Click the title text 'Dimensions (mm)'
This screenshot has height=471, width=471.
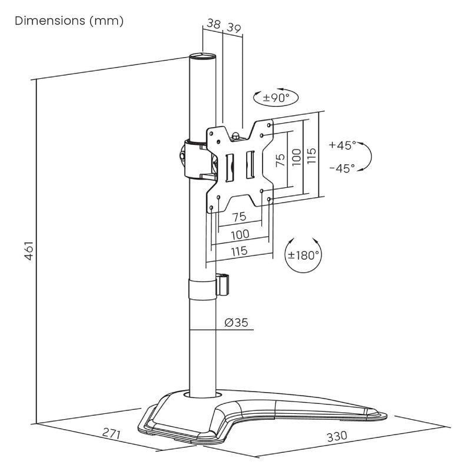tap(69, 21)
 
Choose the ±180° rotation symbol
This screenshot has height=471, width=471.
tap(303, 255)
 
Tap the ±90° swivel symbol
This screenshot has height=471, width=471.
tap(276, 98)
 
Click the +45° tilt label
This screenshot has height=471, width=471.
tap(343, 144)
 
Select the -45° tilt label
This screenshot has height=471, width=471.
tap(343, 168)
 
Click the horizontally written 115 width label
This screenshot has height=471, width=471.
tap(239, 251)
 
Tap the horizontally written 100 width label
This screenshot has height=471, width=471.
tap(239, 234)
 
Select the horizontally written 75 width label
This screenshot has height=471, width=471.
tap(239, 217)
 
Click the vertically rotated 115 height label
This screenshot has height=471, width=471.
tap(312, 157)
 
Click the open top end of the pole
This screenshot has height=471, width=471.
tap(203, 57)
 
